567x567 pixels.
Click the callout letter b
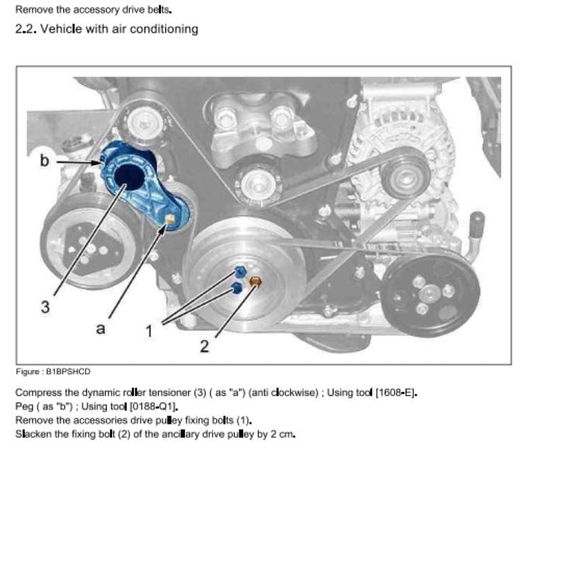tap(44, 160)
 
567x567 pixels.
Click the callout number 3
tap(45, 307)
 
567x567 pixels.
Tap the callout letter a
tap(101, 329)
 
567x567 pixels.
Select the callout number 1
tap(149, 331)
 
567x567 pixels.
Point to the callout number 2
tap(204, 347)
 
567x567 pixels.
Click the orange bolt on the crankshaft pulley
tap(255, 281)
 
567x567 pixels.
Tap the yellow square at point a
tap(169, 218)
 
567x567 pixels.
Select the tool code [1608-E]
tap(395, 393)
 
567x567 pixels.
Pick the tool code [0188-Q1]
tap(153, 406)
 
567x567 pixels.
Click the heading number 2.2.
tap(26, 29)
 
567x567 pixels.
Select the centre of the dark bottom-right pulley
tap(430, 292)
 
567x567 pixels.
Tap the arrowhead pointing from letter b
tap(98, 163)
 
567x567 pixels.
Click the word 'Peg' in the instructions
tap(24, 407)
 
